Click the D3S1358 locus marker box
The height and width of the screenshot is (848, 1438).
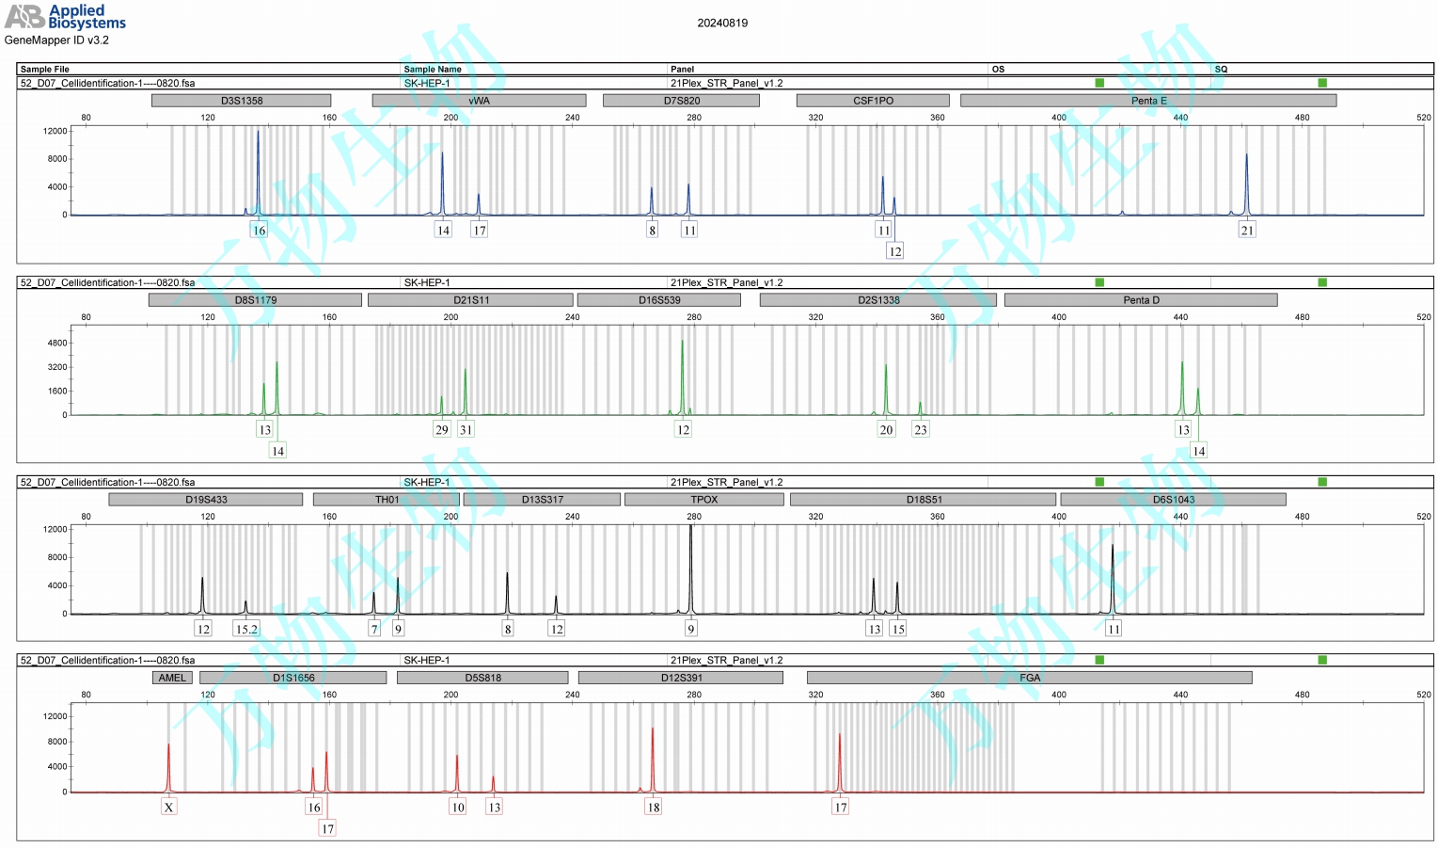242,101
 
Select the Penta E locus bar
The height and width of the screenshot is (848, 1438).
1148,101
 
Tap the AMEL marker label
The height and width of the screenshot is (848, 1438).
172,678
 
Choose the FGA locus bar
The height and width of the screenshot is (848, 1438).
1030,678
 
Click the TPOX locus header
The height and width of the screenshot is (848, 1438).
703,500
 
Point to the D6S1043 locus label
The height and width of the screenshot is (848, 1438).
1173,500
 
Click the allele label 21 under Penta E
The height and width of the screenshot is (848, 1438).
1247,231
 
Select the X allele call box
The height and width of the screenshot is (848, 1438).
168,808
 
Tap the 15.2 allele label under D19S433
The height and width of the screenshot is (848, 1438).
246,630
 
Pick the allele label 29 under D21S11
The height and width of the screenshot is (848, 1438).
442,430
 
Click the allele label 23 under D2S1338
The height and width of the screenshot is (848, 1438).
921,430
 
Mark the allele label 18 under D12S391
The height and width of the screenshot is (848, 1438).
653,808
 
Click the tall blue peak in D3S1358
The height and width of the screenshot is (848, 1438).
259,169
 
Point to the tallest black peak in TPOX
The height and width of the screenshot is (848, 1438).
691,565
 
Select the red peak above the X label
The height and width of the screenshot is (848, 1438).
169,767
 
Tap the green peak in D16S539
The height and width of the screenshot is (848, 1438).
683,376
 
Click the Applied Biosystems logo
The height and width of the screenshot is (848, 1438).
66,16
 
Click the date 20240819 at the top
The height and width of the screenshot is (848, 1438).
722,23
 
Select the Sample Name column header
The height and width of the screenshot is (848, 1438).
433,69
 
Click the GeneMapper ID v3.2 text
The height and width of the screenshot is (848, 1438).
56,40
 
